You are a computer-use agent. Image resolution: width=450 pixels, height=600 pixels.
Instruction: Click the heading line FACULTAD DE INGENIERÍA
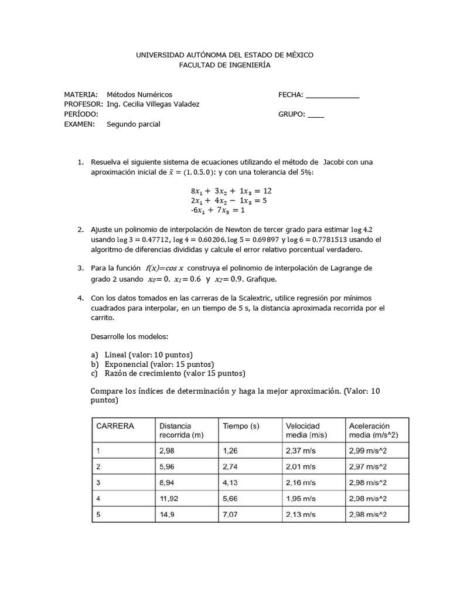pos(225,66)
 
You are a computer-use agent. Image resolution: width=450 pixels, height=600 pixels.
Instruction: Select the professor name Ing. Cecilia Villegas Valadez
pos(153,104)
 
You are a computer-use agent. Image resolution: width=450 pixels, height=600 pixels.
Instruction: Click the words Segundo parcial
pos(133,124)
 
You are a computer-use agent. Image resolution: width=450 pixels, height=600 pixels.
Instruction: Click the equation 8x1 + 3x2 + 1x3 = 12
pos(231,191)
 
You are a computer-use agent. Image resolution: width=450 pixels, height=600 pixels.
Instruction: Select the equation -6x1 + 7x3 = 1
pos(217,210)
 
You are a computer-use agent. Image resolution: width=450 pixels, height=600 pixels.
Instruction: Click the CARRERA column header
pos(115,426)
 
